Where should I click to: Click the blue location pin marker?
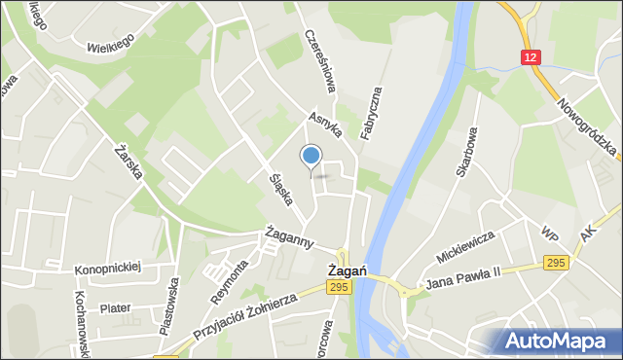[x=311, y=157]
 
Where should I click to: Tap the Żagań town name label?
[x=347, y=270]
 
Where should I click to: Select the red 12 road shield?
[x=530, y=57]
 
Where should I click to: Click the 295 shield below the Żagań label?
[x=339, y=287]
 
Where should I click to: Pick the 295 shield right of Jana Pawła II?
[x=556, y=264]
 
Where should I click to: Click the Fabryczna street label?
[x=371, y=112]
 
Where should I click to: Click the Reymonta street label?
[x=230, y=282]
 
